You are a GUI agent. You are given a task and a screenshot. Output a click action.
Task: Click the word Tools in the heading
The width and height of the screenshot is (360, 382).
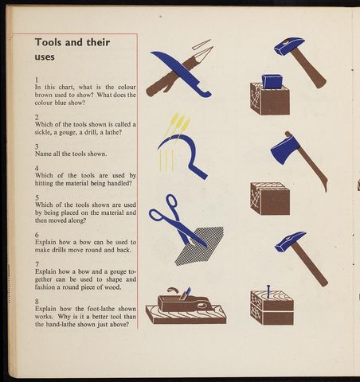tap(48, 42)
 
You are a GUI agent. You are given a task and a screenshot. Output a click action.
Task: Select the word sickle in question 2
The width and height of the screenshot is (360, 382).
tap(42, 132)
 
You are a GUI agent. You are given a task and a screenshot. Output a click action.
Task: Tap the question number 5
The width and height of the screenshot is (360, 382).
tap(37, 197)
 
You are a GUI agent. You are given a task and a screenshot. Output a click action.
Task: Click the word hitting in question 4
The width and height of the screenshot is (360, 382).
tap(44, 183)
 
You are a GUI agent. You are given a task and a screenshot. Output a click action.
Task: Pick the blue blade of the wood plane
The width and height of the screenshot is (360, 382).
tap(186, 293)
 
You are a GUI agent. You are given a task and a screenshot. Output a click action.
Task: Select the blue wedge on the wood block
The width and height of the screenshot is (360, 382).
tap(272, 81)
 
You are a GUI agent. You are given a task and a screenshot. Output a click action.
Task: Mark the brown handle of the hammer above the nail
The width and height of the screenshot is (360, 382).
tap(310, 264)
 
